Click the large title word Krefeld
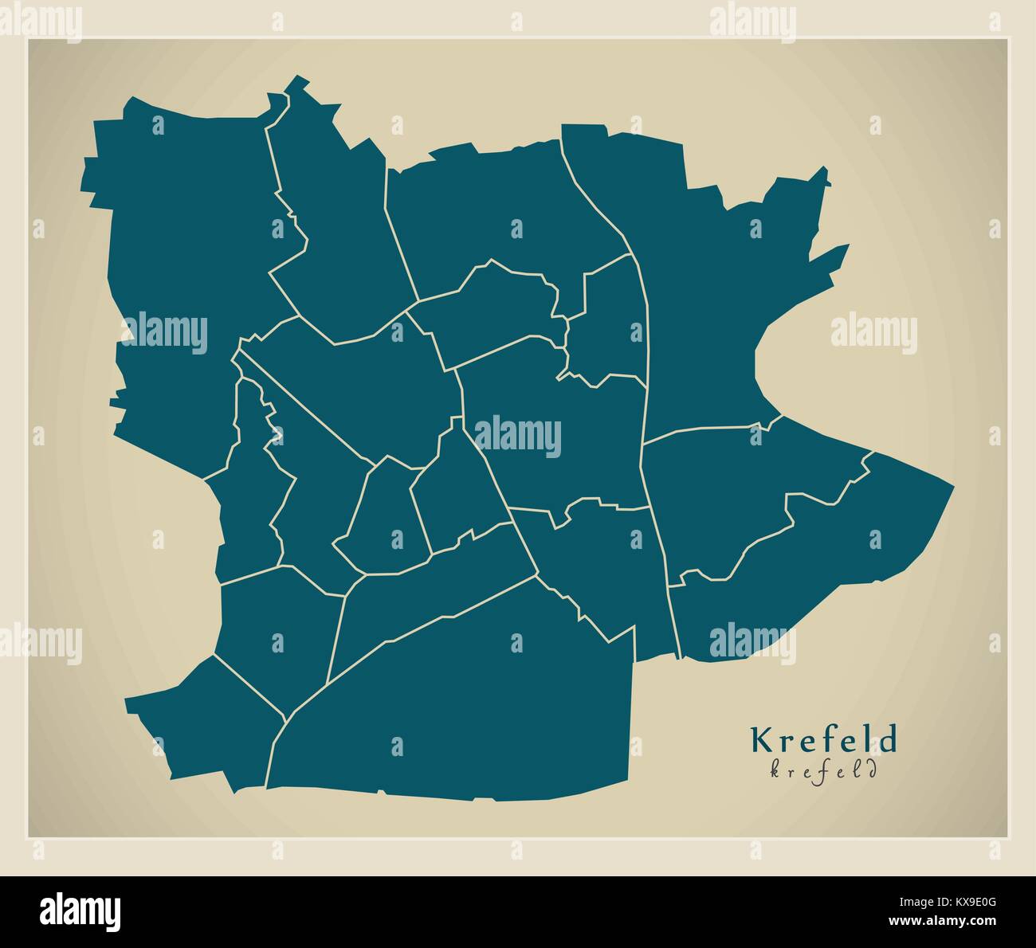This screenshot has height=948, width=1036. [x=823, y=740]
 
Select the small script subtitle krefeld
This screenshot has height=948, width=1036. [x=823, y=770]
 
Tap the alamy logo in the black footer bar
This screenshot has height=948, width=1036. [x=80, y=911]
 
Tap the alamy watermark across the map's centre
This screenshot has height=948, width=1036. [x=517, y=437]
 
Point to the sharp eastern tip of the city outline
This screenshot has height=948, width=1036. [x=952, y=484]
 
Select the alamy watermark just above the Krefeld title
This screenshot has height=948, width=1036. [x=752, y=640]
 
